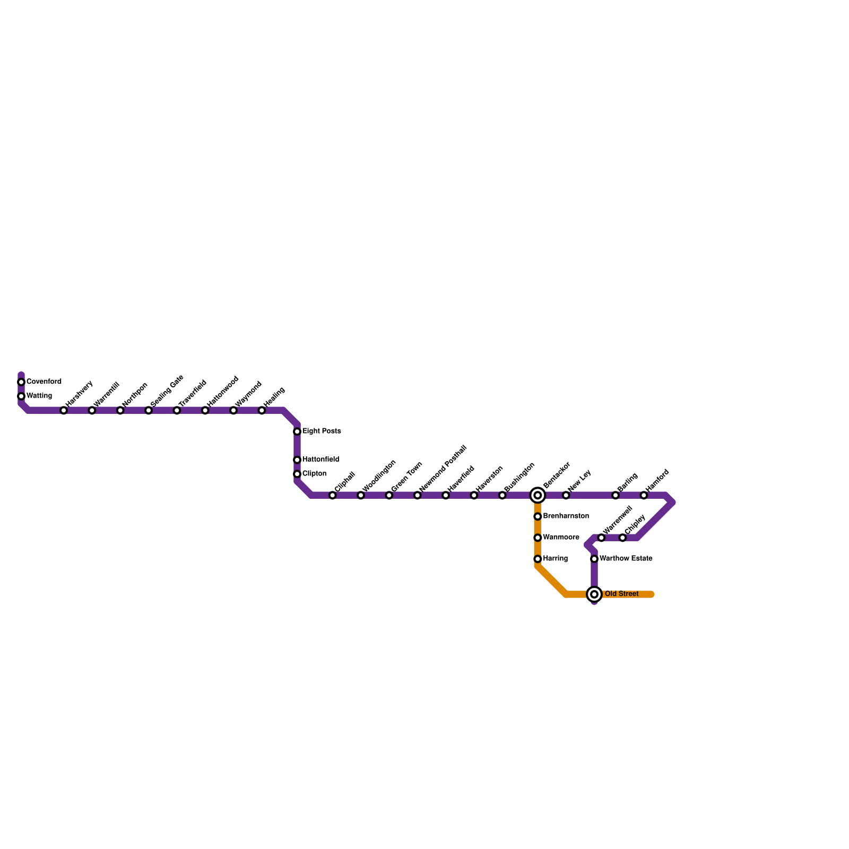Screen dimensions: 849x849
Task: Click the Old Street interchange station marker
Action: [594, 594]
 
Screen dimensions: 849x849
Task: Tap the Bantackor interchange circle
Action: [538, 495]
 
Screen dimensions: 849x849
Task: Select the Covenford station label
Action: [44, 382]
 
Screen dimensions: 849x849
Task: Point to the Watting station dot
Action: [21, 396]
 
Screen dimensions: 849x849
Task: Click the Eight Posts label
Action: [322, 431]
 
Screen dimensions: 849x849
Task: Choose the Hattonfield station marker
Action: [297, 460]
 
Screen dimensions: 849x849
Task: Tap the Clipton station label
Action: [314, 473]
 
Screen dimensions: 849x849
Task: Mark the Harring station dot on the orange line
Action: [538, 559]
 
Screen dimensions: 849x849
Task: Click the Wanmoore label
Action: [561, 538]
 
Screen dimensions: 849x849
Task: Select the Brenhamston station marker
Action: [538, 516]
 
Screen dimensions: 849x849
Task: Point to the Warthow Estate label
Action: [626, 558]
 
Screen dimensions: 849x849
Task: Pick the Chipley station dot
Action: [622, 538]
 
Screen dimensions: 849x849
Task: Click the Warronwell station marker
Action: [601, 538]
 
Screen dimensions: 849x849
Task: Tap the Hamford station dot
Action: [644, 495]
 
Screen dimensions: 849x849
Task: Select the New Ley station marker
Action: [566, 495]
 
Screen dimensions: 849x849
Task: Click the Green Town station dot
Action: [389, 495]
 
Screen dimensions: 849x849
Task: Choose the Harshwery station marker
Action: [64, 410]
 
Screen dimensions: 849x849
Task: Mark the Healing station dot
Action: [262, 410]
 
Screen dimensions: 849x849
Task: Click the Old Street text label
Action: [621, 594]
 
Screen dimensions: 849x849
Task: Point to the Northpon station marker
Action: [120, 410]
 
